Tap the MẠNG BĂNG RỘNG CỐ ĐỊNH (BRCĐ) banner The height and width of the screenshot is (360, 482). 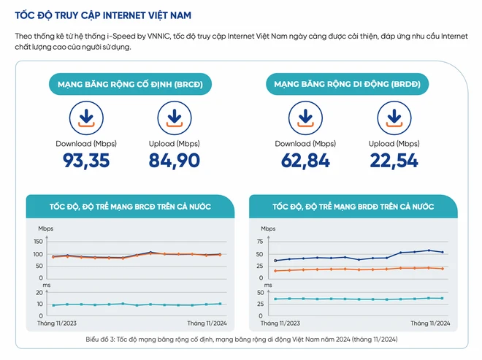125,84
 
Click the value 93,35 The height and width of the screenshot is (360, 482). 84,161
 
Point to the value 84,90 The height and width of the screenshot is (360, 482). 174,161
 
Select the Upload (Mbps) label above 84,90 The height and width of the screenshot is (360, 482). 174,143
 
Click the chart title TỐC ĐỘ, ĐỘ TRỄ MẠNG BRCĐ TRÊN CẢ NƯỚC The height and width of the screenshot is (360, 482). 129,207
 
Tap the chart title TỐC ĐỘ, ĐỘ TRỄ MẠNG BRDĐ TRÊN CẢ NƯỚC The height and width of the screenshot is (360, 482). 352,207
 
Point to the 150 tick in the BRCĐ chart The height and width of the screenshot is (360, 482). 39,242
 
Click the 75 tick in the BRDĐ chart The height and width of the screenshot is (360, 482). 260,242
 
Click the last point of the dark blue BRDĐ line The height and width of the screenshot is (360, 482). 443,253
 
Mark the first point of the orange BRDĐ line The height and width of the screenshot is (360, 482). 275,271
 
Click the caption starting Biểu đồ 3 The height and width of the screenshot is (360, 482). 241,340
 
